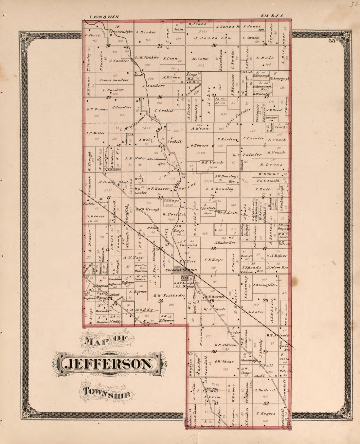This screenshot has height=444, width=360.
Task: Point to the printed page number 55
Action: click(x=332, y=41)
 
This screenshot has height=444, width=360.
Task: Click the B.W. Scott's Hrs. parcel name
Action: click(x=170, y=295)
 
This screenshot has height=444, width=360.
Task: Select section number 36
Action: click(x=160, y=97)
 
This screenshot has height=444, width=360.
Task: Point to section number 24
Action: click(x=160, y=301)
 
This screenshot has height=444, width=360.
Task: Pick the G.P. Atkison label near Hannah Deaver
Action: click(x=225, y=345)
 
